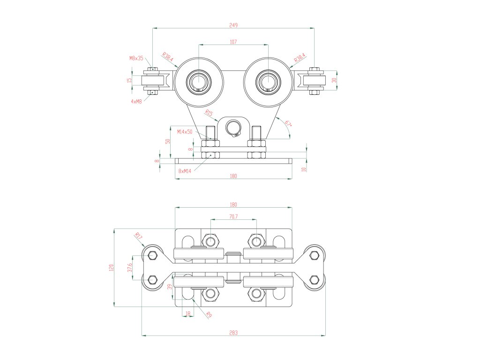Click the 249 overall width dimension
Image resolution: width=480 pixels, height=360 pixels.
pos(233,24)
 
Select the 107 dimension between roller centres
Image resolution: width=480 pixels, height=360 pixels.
pos(233,42)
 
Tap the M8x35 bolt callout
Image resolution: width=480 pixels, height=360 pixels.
pos(136,58)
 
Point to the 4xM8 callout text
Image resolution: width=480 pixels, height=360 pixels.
pos(136,101)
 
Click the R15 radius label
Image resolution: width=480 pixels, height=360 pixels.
pos(209,113)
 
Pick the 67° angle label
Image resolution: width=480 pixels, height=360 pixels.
pos(288,124)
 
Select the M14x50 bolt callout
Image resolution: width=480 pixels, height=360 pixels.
pos(185,132)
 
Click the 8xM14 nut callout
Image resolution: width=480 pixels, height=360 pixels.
pos(185,171)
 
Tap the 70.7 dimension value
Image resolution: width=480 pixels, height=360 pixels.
pos(233,217)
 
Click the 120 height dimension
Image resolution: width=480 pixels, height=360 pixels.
pos(111,268)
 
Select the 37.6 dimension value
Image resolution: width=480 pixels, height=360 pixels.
pos(130,268)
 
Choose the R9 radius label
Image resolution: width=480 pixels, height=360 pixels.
pos(209,315)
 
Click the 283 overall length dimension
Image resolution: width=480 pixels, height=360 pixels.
pos(233,333)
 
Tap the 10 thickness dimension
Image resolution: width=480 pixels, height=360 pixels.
pos(304,169)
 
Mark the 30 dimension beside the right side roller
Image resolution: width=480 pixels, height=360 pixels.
pos(334,80)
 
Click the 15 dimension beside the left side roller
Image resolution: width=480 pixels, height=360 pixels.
pos(129,80)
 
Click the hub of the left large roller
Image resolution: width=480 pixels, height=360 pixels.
pos(198,83)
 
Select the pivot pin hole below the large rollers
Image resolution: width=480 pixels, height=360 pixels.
pos(233,127)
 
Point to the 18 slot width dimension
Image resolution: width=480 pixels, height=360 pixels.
pos(188,313)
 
